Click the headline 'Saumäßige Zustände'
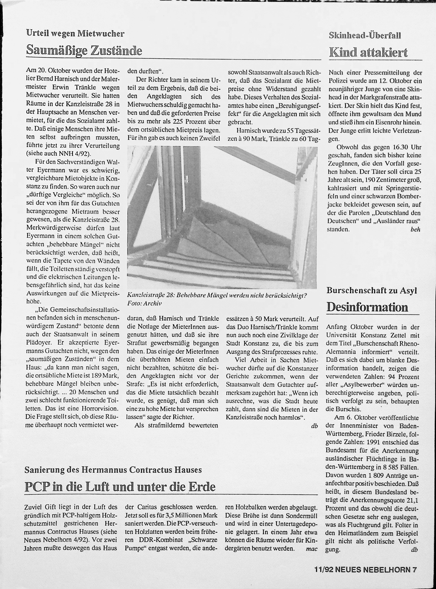point(84,50)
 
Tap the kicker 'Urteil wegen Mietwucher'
point(75,33)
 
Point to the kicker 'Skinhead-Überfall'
point(365,35)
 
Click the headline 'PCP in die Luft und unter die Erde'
point(120,487)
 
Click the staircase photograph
point(222,217)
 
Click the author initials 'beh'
point(415,229)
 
